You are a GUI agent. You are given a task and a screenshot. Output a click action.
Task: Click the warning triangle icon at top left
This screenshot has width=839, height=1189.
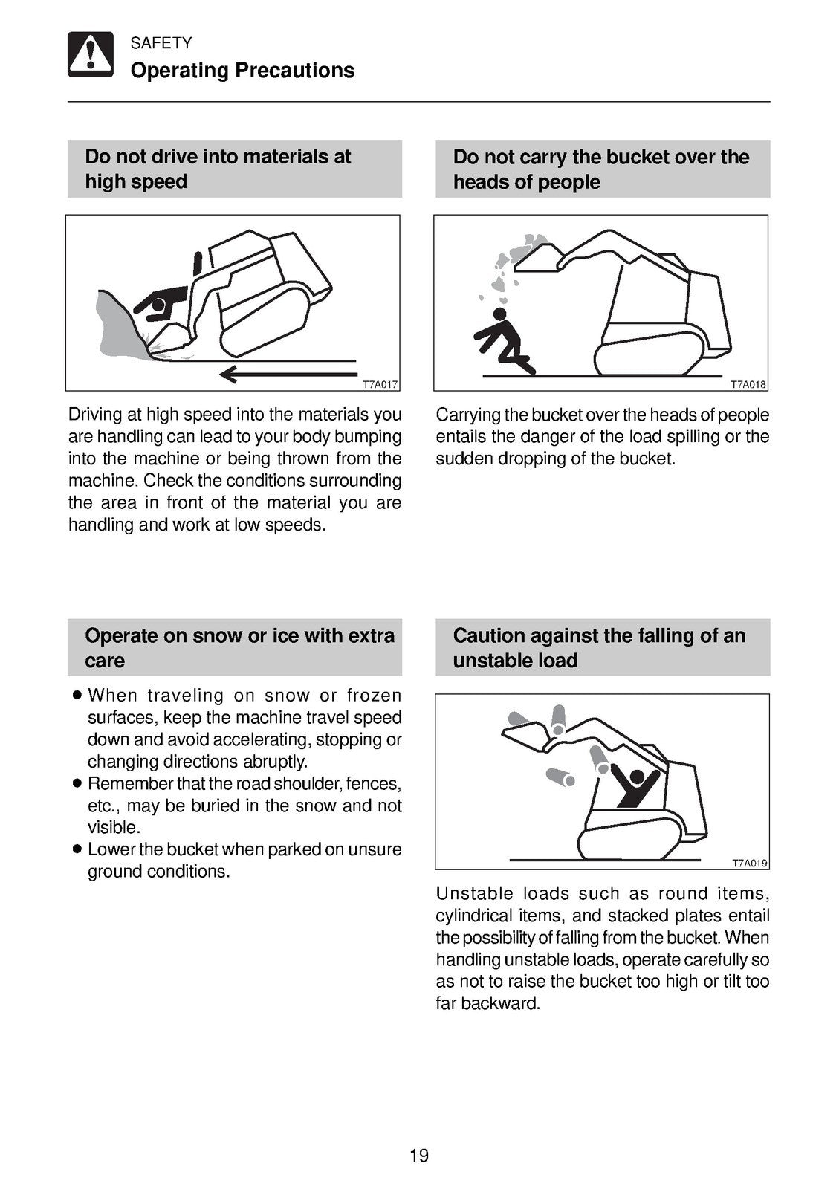(x=91, y=54)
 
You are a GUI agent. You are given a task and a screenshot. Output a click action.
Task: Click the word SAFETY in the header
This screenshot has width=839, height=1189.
(x=161, y=43)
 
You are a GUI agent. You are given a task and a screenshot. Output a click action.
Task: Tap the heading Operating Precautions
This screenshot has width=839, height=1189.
(x=242, y=71)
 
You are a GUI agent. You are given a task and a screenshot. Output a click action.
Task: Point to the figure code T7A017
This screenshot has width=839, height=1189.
(x=380, y=385)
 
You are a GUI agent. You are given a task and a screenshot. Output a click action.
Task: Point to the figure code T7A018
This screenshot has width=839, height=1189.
(x=748, y=385)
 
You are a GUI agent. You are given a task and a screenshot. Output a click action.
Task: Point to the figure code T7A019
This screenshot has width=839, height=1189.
(x=749, y=864)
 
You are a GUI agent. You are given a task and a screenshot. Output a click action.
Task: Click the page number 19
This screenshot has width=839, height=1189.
(x=419, y=1156)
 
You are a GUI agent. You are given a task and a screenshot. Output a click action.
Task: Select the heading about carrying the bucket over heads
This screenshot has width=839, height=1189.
(x=600, y=169)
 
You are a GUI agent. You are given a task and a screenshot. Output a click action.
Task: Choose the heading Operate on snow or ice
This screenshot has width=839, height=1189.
(x=239, y=647)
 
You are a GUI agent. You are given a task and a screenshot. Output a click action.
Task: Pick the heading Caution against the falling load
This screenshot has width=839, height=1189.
(x=598, y=647)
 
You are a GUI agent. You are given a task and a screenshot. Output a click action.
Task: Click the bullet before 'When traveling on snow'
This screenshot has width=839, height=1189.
(x=76, y=696)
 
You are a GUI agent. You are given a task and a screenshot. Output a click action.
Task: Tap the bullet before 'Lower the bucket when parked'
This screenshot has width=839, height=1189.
(x=76, y=849)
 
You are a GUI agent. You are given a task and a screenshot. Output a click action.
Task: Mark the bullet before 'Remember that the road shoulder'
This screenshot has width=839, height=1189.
(x=76, y=783)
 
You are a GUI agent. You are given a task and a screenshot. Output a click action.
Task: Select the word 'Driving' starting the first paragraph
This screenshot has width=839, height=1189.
(x=94, y=415)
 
